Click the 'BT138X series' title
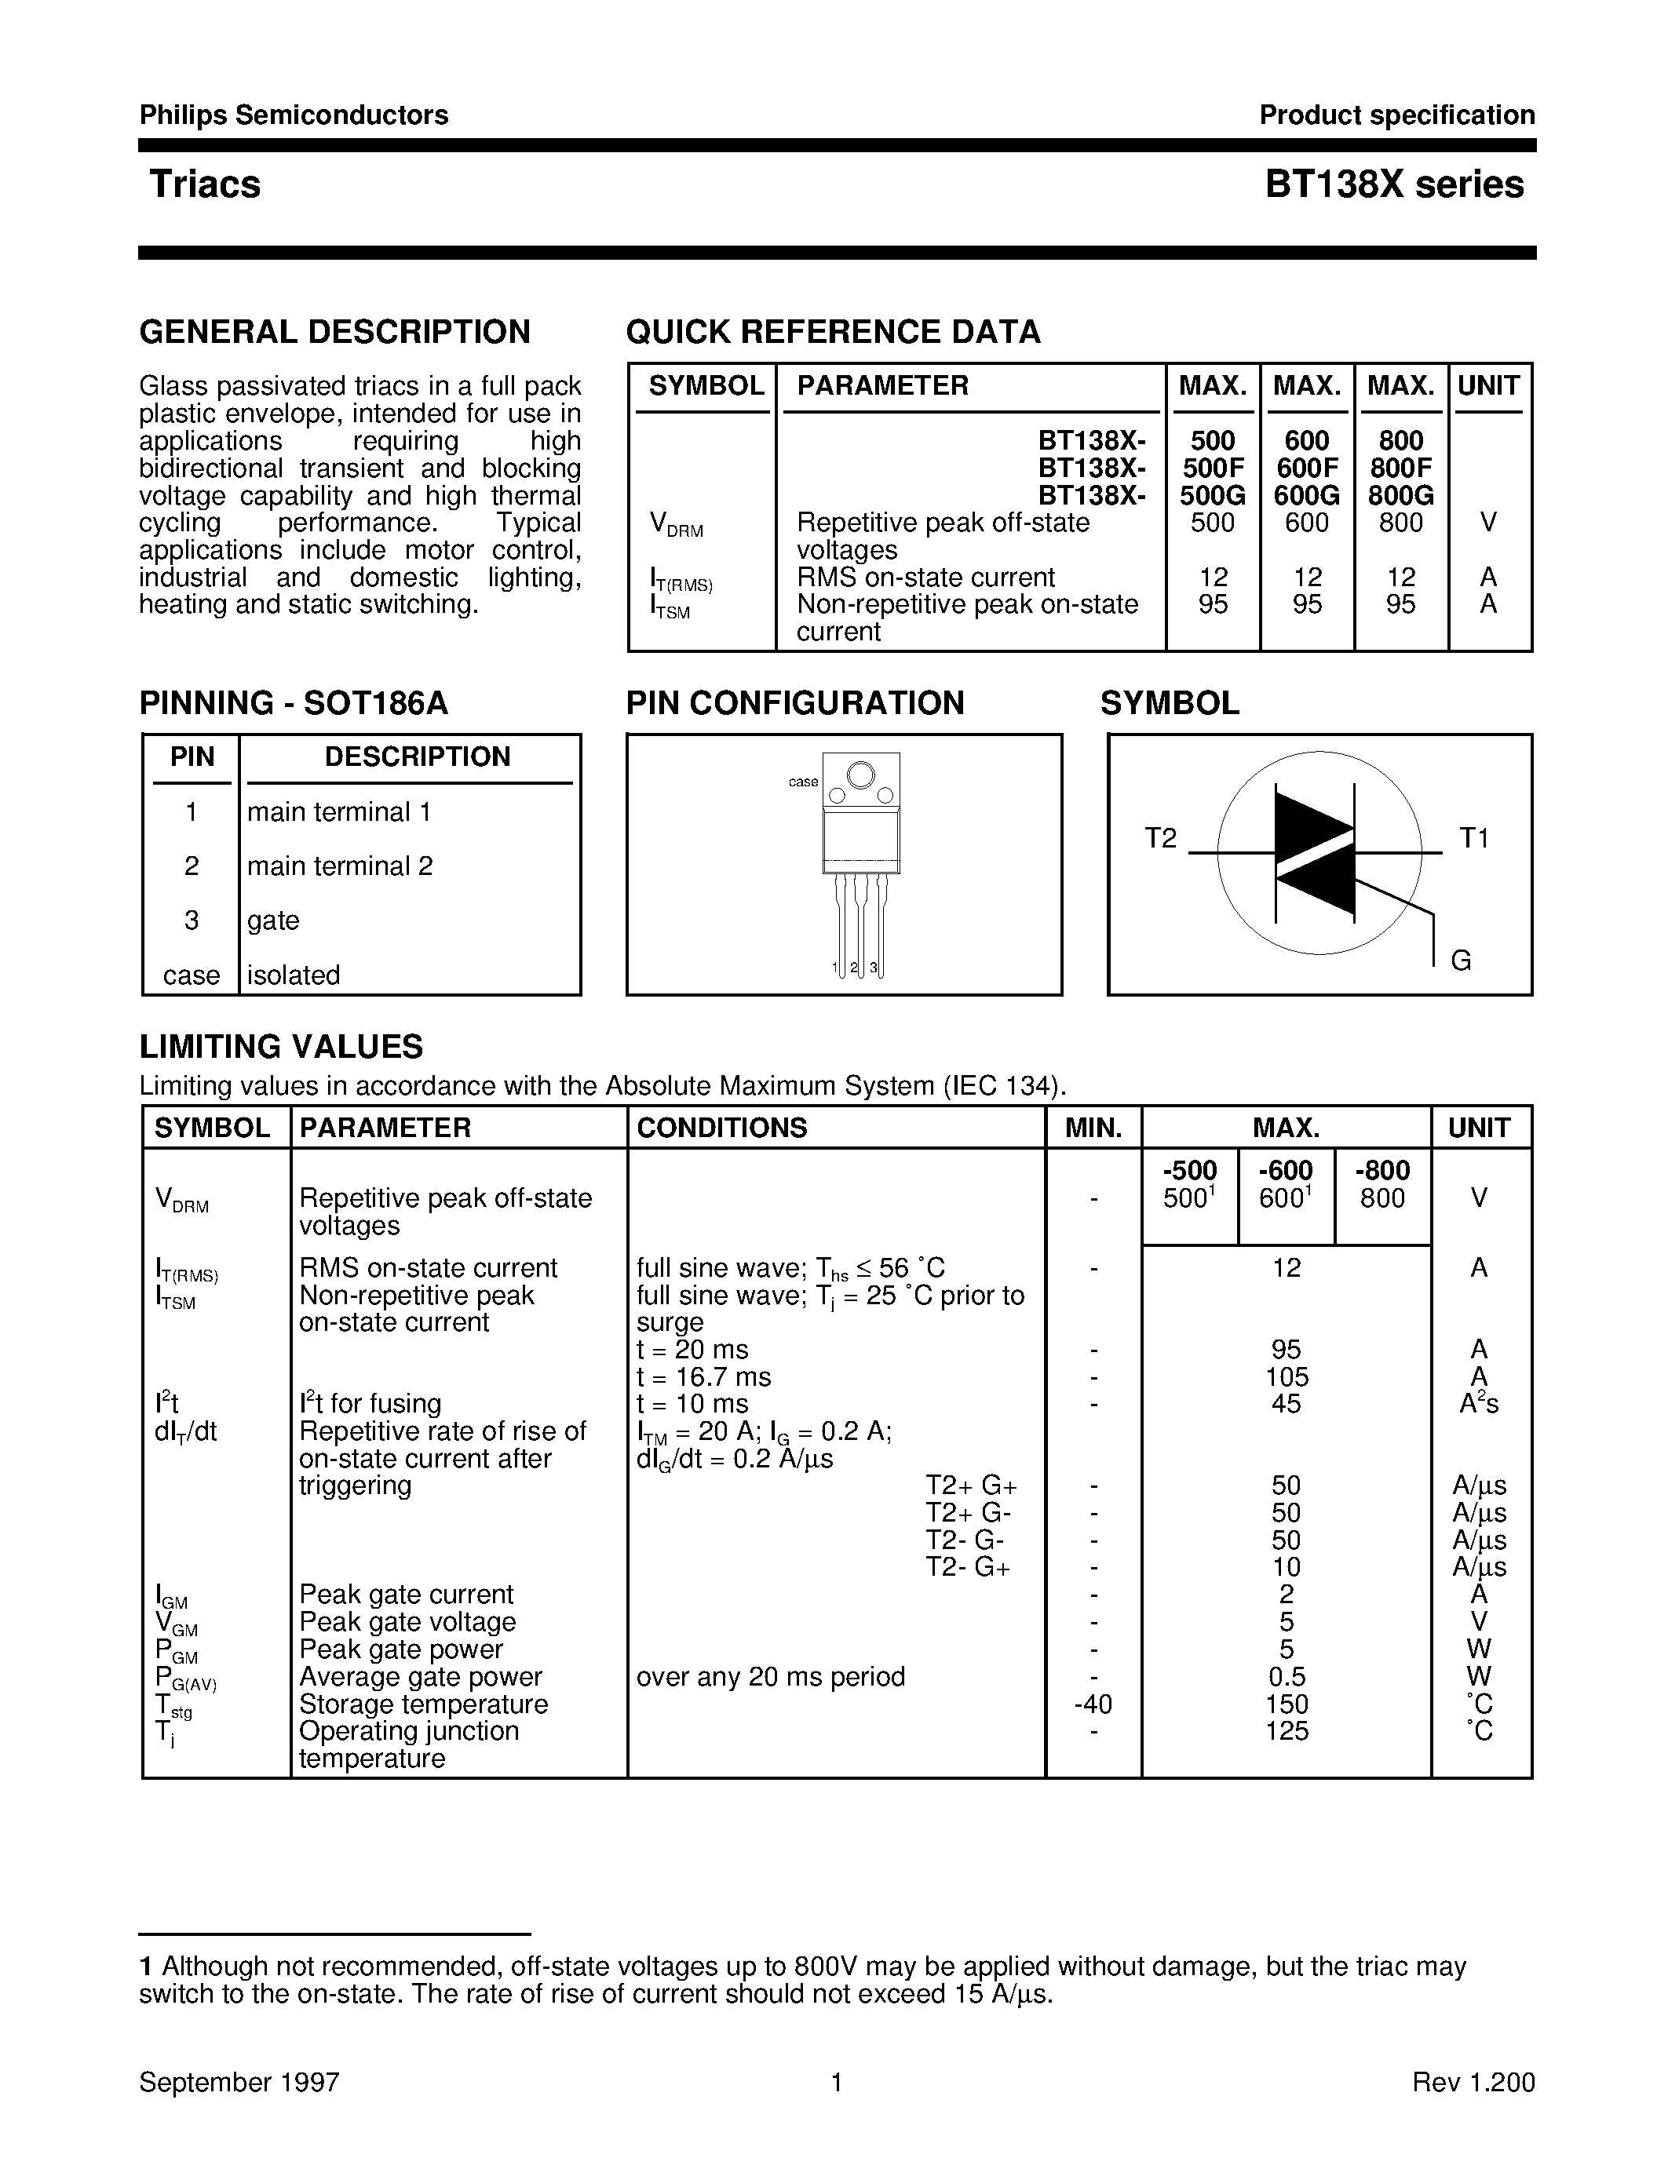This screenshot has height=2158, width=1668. [x=1394, y=184]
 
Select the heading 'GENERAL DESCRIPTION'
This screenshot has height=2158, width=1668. [x=335, y=332]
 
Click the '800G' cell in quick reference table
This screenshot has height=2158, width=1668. [x=1400, y=495]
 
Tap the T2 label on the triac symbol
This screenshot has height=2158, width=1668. [x=1161, y=838]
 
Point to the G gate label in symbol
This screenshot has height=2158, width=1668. [x=1461, y=960]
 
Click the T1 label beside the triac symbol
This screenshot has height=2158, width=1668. [x=1473, y=838]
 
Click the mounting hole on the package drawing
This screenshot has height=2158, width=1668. [x=860, y=775]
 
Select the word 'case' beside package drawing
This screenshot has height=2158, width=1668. [x=802, y=782]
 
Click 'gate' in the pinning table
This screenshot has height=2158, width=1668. [x=272, y=920]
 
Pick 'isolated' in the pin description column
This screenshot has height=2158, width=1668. [x=294, y=975]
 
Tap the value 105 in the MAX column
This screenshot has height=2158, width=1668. [x=1286, y=1376]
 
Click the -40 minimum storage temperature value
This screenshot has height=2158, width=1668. [x=1093, y=1704]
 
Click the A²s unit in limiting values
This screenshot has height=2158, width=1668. [x=1478, y=1404]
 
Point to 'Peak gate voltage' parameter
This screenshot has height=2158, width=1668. [x=407, y=1621]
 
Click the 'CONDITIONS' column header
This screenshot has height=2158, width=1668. [x=721, y=1128]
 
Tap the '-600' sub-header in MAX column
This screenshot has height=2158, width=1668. [x=1285, y=1171]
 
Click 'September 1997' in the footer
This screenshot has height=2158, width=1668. [x=239, y=2082]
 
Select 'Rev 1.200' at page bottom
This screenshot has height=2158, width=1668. [x=1473, y=2082]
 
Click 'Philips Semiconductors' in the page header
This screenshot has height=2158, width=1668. [x=294, y=115]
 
